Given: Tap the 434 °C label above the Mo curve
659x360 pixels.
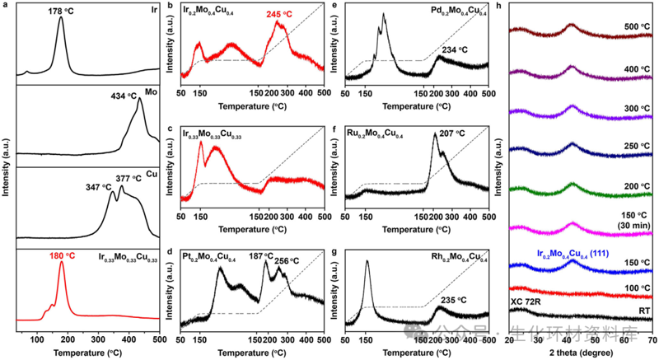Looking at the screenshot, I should tap(106, 97).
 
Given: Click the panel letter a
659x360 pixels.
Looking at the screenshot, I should tap(6, 7).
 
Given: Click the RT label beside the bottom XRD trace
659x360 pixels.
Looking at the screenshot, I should tap(639, 312).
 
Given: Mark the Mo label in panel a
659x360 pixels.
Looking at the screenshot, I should tap(152, 93).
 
